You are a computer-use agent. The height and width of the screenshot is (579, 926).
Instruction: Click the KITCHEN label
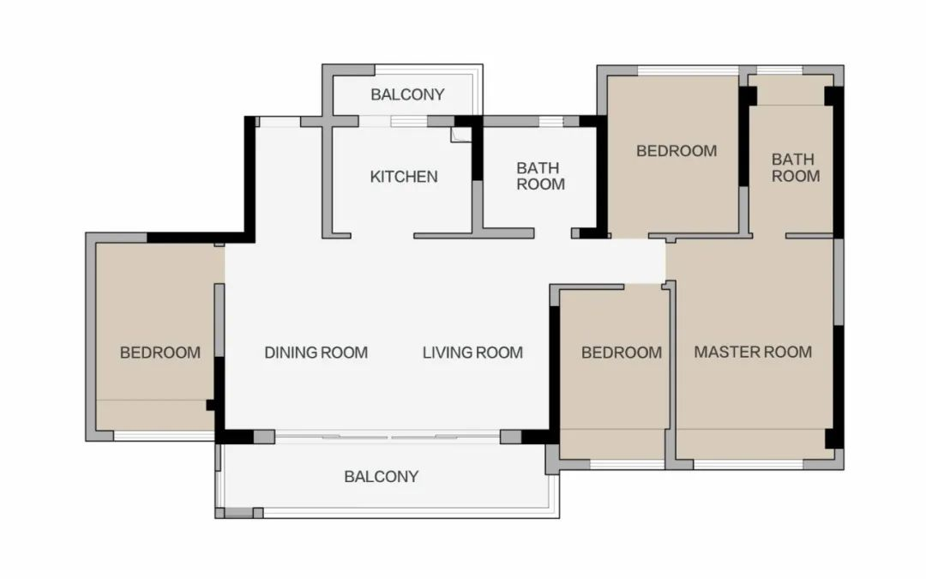pos(404,177)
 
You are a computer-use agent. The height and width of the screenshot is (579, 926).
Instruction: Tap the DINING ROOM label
pos(316,353)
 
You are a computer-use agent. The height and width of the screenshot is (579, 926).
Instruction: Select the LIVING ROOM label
pos(472,353)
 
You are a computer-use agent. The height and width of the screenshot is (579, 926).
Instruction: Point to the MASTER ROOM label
pos(753,353)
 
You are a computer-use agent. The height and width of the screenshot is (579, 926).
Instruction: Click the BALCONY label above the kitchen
pos(407,94)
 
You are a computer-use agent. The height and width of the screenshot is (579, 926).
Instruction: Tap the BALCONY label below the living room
pos(382,476)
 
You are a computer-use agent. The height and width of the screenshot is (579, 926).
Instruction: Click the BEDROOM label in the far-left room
pos(160,353)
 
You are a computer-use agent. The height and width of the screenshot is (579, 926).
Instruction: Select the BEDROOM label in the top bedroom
pos(676,151)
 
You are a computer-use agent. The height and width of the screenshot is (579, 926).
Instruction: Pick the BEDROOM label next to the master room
pos(622,353)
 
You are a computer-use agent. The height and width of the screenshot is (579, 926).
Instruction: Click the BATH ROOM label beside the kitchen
pos(540,176)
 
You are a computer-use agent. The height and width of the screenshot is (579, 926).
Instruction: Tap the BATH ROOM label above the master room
pos(796,168)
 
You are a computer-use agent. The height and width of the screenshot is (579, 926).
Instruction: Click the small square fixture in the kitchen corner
pos(461,134)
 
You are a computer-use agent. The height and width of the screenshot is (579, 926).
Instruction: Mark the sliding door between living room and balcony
pos(388,437)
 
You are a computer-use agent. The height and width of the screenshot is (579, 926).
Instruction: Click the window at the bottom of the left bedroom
pos(164,436)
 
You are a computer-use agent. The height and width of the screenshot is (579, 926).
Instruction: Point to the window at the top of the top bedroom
pos(688,70)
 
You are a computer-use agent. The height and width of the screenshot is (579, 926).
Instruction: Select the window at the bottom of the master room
pos(749,464)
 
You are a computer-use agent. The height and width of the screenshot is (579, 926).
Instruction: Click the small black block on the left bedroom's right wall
pos(210,405)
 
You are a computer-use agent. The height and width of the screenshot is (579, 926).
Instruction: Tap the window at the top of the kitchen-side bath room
pos(551,122)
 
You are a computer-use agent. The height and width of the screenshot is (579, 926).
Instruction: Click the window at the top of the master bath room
pos(779,70)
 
